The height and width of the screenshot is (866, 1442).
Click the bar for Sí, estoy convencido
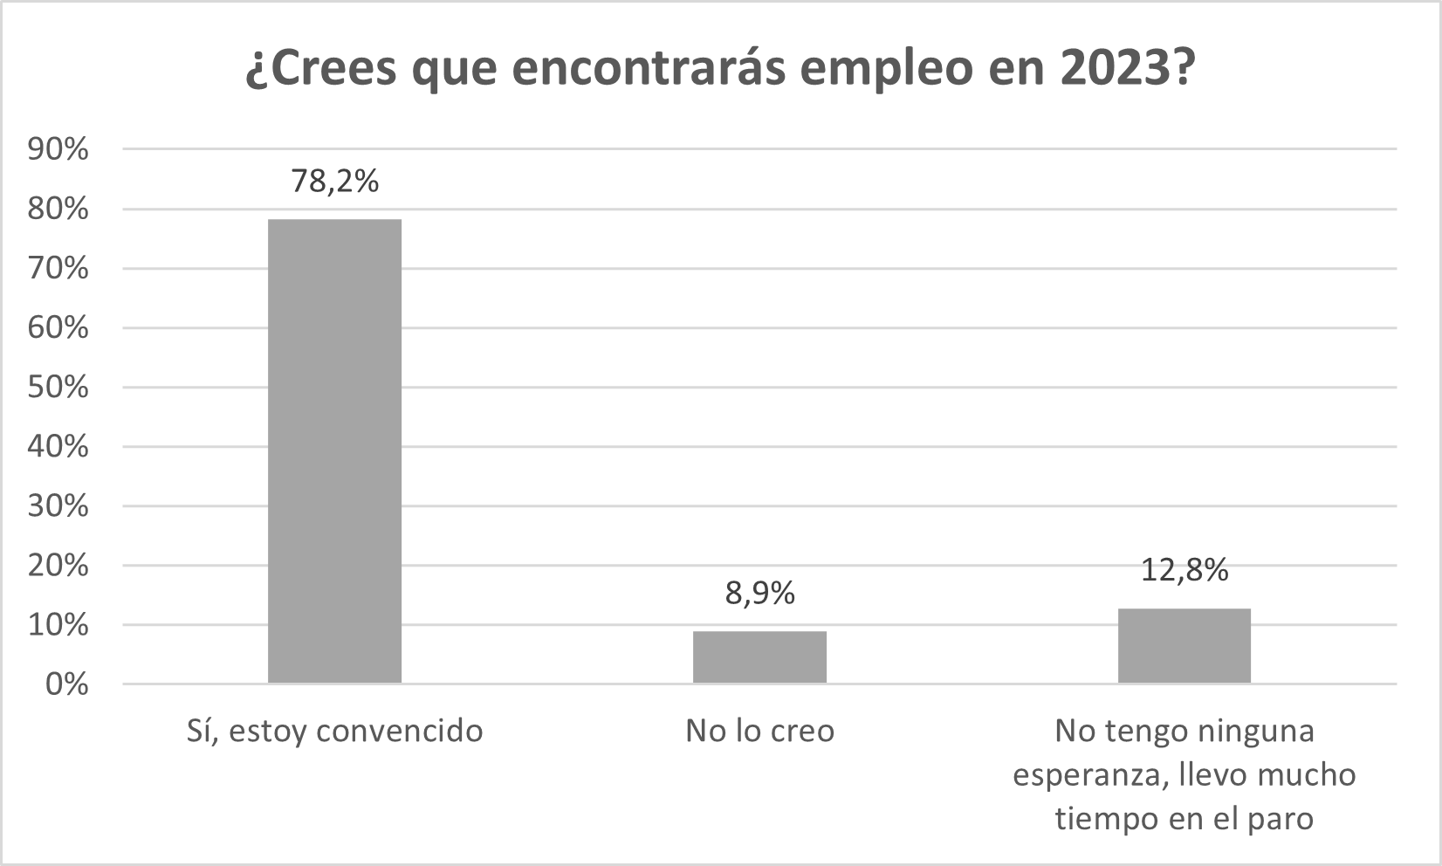(x=334, y=450)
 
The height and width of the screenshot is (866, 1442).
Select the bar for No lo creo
(x=759, y=656)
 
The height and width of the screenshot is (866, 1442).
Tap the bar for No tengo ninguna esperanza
(x=1184, y=645)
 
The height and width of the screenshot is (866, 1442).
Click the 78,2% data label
(x=334, y=182)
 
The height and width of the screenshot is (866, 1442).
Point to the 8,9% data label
(x=759, y=594)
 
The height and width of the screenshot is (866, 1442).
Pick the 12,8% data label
(x=1184, y=571)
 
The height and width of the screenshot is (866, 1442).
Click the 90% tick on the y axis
(x=58, y=150)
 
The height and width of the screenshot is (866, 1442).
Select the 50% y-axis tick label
(x=58, y=388)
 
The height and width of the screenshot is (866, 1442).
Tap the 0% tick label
(x=66, y=684)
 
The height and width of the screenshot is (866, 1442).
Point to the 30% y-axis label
(x=58, y=506)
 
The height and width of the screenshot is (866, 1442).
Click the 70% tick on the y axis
(x=58, y=269)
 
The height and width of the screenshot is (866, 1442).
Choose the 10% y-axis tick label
(x=58, y=625)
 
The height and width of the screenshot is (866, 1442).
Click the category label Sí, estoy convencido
(x=334, y=731)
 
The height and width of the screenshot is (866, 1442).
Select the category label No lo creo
(x=759, y=731)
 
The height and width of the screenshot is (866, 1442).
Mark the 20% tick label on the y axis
(x=58, y=566)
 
